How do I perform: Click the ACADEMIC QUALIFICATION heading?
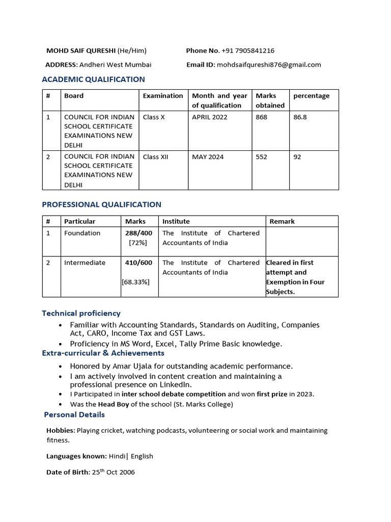(93, 80)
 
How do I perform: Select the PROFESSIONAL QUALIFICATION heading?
(101, 204)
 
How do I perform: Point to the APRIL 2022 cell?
(210, 117)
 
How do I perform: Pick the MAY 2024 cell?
(208, 157)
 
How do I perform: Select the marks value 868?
(261, 117)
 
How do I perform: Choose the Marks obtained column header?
(270, 100)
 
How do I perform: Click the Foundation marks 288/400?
(138, 233)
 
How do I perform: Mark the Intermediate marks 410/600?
(138, 263)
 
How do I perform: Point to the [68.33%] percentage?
(135, 281)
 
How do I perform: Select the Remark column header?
(282, 221)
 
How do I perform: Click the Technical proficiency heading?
(81, 313)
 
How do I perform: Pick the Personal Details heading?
(74, 414)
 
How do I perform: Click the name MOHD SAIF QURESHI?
(81, 50)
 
